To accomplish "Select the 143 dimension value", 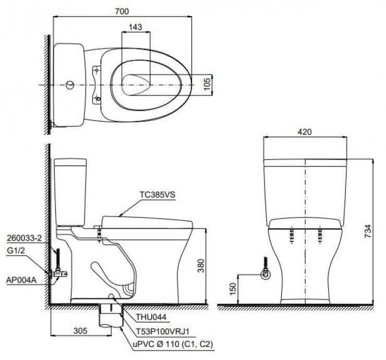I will tap(135, 27).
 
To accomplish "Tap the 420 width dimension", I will tap(305, 132).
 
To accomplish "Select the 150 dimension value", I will tap(233, 289).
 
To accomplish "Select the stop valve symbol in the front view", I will tap(266, 272).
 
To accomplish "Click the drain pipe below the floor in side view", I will tap(110, 316).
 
